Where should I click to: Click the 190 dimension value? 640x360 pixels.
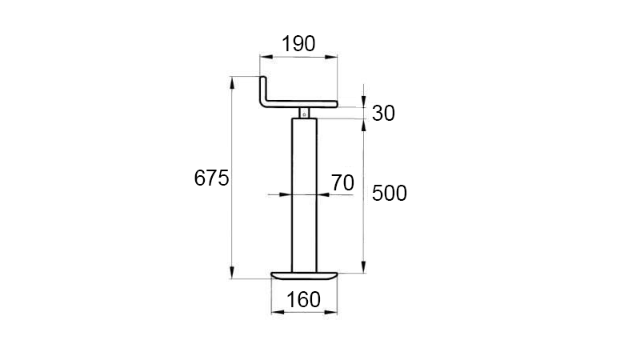coord(298,43)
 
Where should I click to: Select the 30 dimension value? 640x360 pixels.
coord(383,114)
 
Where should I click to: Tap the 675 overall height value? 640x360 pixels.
coord(211,178)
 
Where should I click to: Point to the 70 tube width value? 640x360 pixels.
coord(342,182)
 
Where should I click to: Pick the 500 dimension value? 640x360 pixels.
coord(390,193)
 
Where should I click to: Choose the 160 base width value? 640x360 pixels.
coord(304,299)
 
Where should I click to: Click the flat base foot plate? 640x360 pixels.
coord(305,276)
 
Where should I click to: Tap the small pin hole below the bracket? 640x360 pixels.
coord(304,114)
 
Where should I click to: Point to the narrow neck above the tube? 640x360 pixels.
coord(304,112)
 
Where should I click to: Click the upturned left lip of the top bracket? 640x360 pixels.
coord(264,88)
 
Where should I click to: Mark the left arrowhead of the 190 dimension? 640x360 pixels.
coord(263,56)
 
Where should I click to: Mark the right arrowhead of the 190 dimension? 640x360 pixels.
coord(334,56)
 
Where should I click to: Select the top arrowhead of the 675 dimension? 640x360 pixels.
coord(232,80)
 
